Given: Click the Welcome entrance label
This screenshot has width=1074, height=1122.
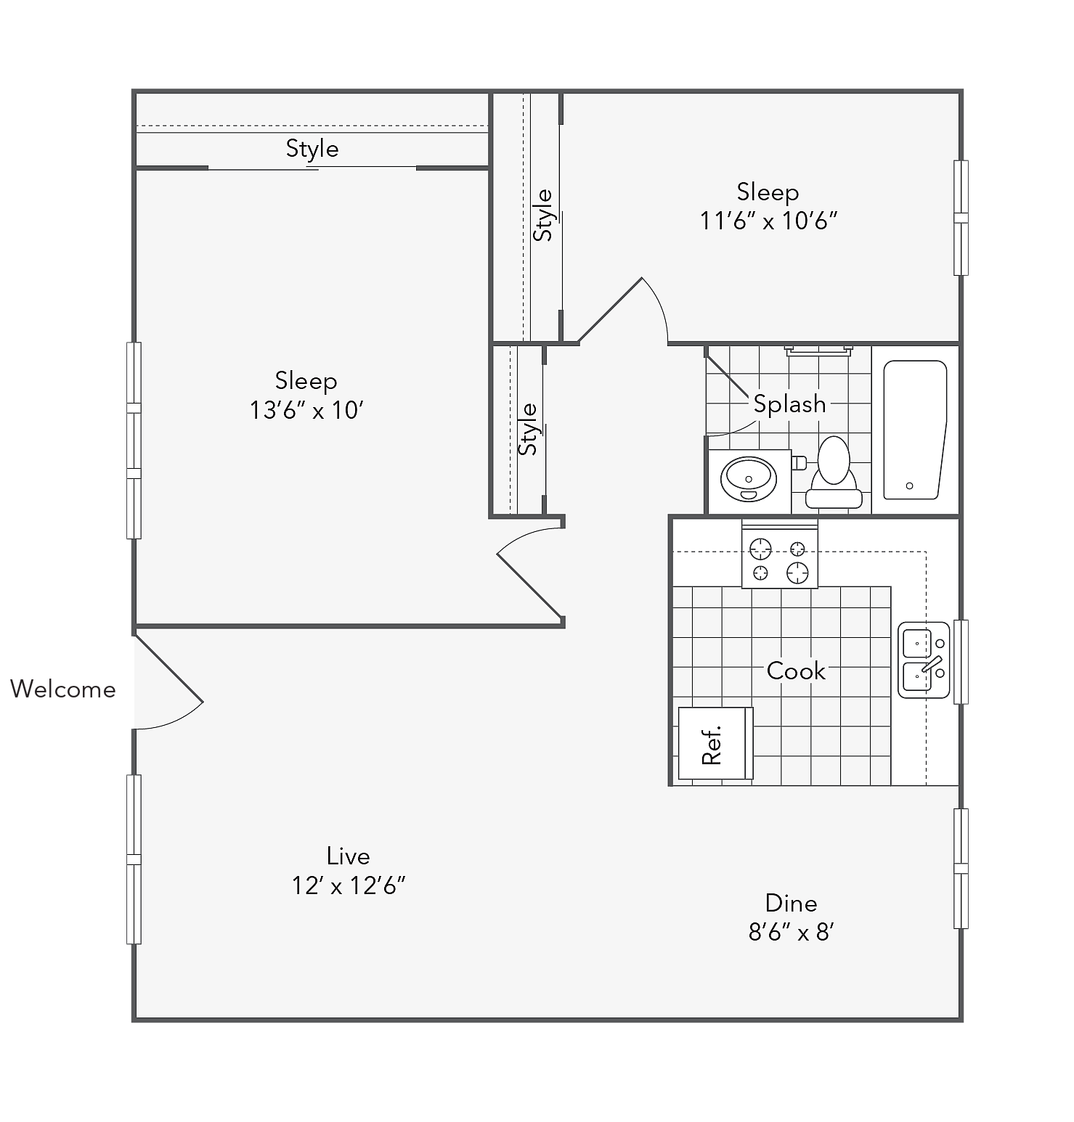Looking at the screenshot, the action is tap(63, 689).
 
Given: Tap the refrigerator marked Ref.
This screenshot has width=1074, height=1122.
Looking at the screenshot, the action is tap(715, 743).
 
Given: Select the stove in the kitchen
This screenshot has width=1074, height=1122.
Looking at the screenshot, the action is tap(779, 555).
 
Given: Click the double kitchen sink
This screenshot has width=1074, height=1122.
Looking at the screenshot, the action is tap(924, 660).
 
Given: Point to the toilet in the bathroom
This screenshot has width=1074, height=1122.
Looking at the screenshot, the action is tap(833, 472).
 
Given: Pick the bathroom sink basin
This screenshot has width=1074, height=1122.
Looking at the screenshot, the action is tap(749, 479).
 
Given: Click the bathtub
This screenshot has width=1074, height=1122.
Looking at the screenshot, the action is tap(915, 430).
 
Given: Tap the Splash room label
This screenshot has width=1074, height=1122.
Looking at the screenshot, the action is tap(789, 404).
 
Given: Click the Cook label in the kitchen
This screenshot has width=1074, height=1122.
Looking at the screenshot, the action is tap(796, 671).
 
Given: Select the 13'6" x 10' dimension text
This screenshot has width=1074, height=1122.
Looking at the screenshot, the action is tap(306, 410).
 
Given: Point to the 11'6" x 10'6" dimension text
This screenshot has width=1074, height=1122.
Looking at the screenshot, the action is tap(768, 221).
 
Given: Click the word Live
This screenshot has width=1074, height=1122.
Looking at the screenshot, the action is tap(349, 856).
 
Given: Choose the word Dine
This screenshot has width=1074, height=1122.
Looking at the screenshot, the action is tap(791, 903).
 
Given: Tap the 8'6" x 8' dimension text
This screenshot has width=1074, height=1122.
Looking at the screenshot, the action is tap(791, 932).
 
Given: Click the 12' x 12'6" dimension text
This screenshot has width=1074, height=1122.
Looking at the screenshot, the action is tap(349, 885).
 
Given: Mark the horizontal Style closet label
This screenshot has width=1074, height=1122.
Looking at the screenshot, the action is tap(312, 149).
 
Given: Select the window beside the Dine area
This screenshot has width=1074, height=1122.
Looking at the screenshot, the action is tap(961, 868).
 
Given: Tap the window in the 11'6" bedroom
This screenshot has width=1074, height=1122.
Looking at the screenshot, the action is tap(961, 218).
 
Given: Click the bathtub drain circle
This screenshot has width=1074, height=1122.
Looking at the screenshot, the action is tap(909, 486).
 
